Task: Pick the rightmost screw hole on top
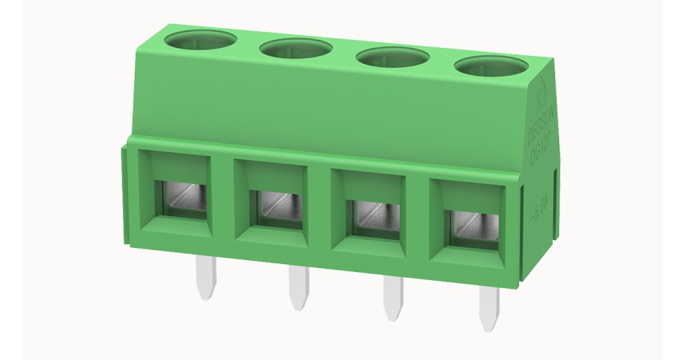(x=490, y=67)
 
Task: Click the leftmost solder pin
(x=206, y=277)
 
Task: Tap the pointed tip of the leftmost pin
(x=206, y=296)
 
